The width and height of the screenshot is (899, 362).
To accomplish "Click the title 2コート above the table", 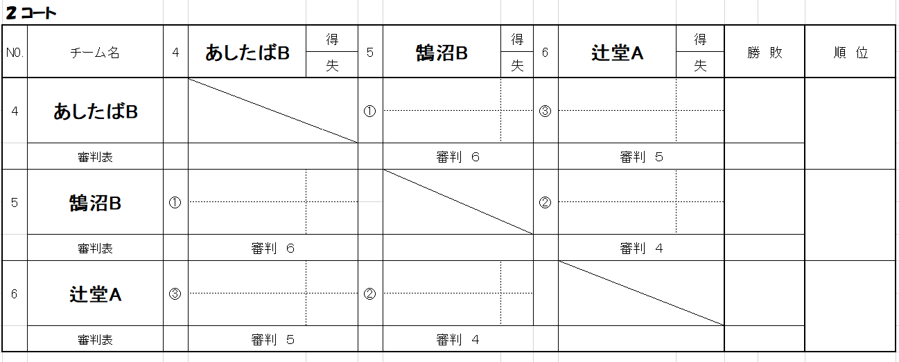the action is [31, 12].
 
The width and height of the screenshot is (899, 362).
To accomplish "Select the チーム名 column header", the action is [95, 53].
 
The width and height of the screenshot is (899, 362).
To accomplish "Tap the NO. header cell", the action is [15, 53].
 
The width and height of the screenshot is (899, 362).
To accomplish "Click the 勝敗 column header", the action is [765, 53].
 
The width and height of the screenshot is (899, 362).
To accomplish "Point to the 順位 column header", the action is [850, 53].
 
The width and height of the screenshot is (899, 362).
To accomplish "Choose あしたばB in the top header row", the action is [247, 53].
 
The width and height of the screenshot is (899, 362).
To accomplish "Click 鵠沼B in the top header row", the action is [442, 53].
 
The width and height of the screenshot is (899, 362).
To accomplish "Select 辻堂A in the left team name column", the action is [95, 294].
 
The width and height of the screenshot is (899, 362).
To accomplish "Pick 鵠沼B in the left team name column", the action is [95, 203].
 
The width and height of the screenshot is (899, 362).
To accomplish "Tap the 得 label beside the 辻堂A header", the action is [700, 39].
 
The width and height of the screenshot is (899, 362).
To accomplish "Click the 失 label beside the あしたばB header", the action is [332, 66].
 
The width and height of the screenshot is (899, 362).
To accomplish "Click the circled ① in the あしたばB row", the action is [369, 111].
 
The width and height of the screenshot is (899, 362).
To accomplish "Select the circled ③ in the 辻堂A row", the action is [175, 294].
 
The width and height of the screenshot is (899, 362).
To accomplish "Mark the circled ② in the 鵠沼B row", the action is [545, 203].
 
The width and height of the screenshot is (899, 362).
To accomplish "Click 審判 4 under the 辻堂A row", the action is [457, 340].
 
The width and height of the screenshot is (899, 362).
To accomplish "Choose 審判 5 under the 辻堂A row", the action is [272, 340].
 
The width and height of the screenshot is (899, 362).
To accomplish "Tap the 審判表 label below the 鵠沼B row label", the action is [95, 248].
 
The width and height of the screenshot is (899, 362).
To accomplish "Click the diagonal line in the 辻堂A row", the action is [641, 293].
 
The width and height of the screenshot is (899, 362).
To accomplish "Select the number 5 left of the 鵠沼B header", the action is [370, 53].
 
